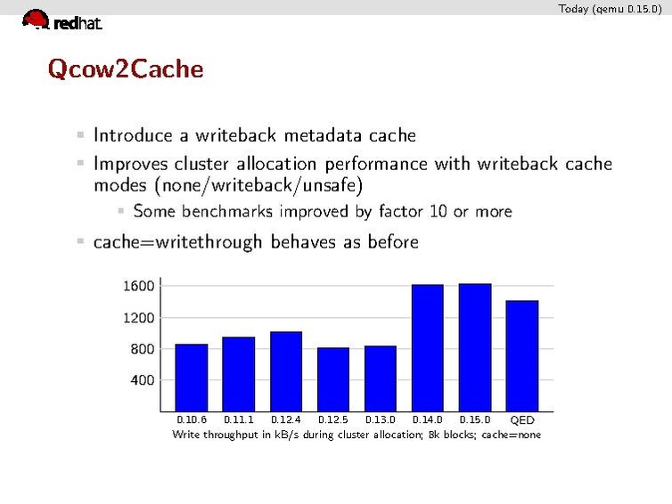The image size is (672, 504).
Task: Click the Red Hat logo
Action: pyautogui.click(x=61, y=20)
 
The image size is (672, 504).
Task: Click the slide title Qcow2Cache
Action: pyautogui.click(x=126, y=69)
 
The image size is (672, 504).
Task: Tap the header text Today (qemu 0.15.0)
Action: pyautogui.click(x=610, y=9)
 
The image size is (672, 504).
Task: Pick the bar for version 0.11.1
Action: pyautogui.click(x=238, y=373)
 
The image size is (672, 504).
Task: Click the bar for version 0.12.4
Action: pyautogui.click(x=286, y=370)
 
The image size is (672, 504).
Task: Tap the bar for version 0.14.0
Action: pyautogui.click(x=428, y=347)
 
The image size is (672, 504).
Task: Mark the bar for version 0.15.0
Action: pyautogui.click(x=475, y=346)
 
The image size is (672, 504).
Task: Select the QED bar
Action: pyautogui.click(x=522, y=355)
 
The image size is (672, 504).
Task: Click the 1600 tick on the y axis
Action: pyautogui.click(x=138, y=286)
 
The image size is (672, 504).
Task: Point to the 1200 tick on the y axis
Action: pyautogui.click(x=138, y=317)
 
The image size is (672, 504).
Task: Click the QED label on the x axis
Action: pyautogui.click(x=522, y=419)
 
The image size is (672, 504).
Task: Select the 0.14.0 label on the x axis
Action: pyautogui.click(x=428, y=419)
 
